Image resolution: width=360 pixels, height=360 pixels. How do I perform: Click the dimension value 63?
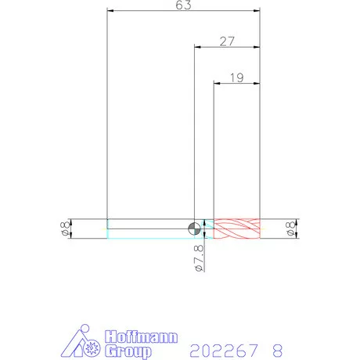183,5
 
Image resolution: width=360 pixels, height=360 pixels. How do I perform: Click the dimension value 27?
227,41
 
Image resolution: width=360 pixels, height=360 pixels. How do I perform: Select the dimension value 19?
237,77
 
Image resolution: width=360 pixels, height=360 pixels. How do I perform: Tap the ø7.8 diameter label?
199,258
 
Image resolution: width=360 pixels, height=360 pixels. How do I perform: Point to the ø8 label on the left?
65,229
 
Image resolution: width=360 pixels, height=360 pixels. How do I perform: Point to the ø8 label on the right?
290,229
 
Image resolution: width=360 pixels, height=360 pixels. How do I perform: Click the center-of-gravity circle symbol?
194,229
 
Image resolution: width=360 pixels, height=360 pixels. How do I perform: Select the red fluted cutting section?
237,229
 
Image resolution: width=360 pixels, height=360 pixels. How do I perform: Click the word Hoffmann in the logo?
142,337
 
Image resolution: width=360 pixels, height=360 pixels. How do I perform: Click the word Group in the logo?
128,351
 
